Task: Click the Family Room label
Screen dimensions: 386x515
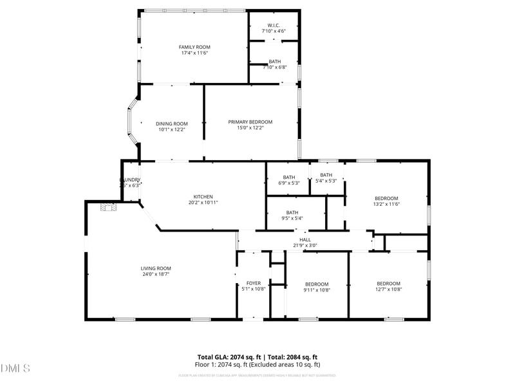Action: (x=194, y=47)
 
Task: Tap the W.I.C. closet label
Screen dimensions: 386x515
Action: (x=274, y=25)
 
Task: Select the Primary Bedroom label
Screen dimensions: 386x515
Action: (x=250, y=122)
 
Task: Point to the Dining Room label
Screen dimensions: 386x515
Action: (x=172, y=124)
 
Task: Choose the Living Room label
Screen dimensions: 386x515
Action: (x=156, y=268)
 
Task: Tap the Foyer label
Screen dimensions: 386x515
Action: (x=254, y=283)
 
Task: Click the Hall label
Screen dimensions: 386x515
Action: (x=305, y=240)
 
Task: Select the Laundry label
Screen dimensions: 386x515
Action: (x=130, y=180)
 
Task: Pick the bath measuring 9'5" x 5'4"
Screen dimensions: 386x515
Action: (x=292, y=212)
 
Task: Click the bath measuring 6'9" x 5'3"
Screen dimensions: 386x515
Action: (x=289, y=178)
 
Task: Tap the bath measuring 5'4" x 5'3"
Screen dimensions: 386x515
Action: (x=326, y=175)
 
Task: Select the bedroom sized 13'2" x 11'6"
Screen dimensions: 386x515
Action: (x=387, y=198)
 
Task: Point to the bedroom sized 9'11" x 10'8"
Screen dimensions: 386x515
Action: (x=317, y=284)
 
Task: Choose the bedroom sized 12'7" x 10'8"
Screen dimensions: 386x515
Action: (x=388, y=284)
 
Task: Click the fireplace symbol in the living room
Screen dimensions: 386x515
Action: (x=108, y=207)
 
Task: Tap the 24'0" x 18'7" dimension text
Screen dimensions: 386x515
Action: (x=156, y=275)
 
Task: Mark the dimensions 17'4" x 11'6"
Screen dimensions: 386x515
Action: (x=194, y=53)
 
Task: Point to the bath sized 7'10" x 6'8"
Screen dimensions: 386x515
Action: (x=275, y=62)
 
